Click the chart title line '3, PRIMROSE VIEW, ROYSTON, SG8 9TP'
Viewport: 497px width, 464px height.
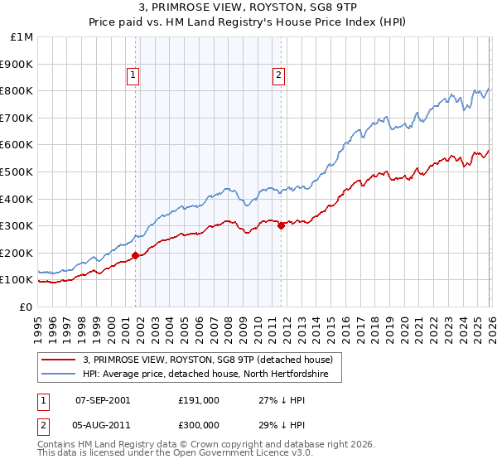pos(248,7)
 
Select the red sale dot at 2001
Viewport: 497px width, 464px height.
pos(136,255)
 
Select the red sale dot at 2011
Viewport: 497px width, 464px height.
pos(281,225)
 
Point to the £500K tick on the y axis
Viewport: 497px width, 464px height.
pos(17,172)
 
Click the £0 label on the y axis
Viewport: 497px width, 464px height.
pos(25,307)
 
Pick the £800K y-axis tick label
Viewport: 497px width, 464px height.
pos(17,90)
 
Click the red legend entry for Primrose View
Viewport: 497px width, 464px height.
pos(207,360)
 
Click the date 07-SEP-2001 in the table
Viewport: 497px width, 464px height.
pos(102,399)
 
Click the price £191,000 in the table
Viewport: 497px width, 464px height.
pos(198,399)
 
